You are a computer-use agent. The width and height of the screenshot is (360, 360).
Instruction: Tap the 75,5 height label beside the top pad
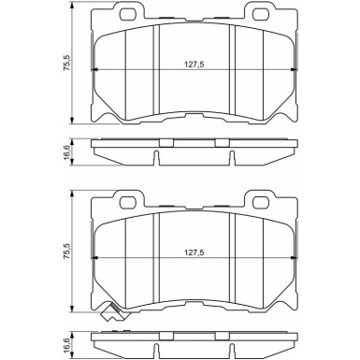[x=67, y=63]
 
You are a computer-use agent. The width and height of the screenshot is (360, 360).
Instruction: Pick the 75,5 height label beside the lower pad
[x=67, y=252]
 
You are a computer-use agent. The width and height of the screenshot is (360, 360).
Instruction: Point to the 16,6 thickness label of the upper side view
[x=67, y=152]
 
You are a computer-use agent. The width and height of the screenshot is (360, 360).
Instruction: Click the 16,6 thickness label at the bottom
[x=67, y=341]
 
